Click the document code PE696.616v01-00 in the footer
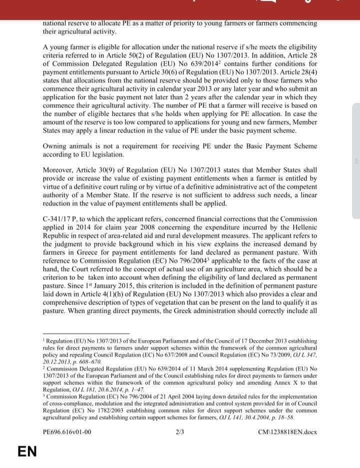[67, 432]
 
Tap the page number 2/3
[180, 432]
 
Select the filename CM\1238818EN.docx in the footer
[287, 432]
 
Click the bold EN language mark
[27, 451]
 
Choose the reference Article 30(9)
[104, 170]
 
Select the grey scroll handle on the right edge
[356, 160]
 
